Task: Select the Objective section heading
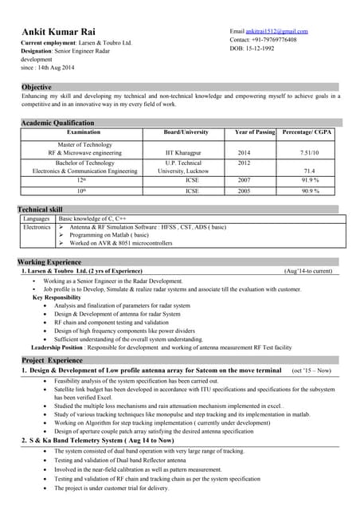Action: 37,87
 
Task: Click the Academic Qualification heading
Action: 57,123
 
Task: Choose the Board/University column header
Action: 186,131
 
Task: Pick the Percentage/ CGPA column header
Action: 307,131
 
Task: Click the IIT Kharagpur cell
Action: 185,151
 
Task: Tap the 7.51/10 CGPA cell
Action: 309,151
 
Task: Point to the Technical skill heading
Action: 40,209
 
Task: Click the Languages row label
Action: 37,218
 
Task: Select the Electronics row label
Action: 37,227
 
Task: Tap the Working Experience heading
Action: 49,262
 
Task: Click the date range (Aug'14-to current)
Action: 307,272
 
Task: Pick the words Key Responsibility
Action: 57,296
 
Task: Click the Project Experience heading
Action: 52,360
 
